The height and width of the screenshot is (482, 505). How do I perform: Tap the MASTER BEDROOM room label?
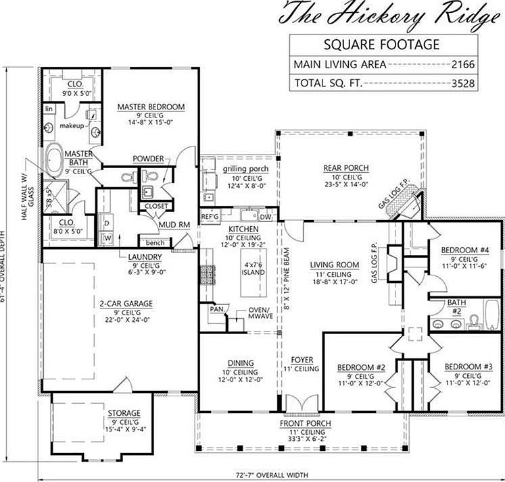point(151,107)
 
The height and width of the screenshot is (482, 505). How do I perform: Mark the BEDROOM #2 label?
point(361,368)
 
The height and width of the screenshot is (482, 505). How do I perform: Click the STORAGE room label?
point(124,413)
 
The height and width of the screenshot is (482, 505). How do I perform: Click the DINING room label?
point(240,363)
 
